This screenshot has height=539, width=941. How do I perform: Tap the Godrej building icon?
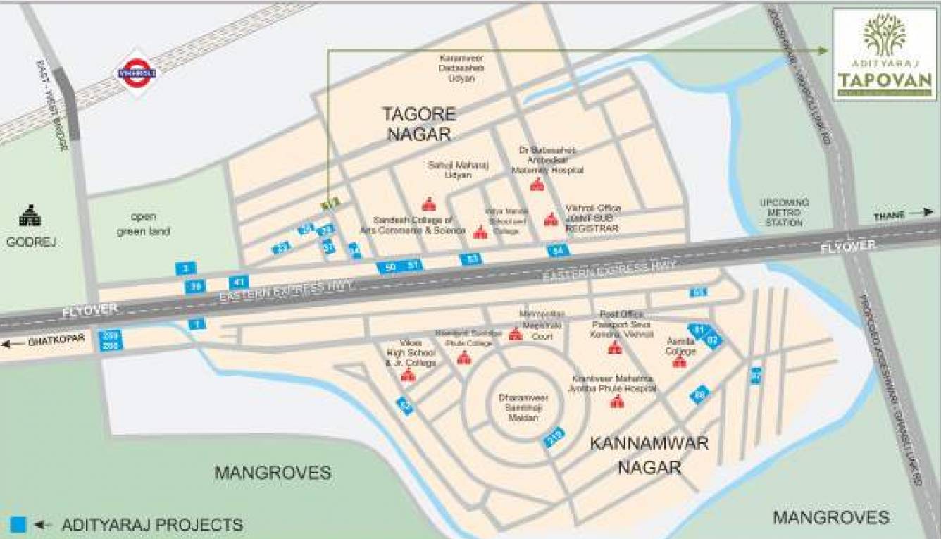pyautogui.click(x=30, y=216)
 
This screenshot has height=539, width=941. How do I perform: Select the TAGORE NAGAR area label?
pyautogui.click(x=419, y=123)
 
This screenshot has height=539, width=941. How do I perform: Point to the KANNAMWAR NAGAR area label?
pyautogui.click(x=649, y=454)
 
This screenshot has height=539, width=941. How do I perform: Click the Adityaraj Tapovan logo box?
pyautogui.click(x=885, y=55)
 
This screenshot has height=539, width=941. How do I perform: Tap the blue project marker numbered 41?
pyautogui.click(x=238, y=282)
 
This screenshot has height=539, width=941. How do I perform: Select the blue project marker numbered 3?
pyautogui.click(x=185, y=268)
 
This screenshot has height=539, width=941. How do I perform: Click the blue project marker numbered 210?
pyautogui.click(x=554, y=436)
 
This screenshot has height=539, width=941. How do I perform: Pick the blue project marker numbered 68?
pyautogui.click(x=699, y=395)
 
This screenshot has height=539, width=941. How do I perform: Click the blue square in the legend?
pyautogui.click(x=18, y=524)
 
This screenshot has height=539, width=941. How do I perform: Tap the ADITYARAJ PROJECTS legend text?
pyautogui.click(x=152, y=525)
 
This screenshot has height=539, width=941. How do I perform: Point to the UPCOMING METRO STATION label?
pyautogui.click(x=784, y=212)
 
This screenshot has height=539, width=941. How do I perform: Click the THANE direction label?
pyautogui.click(x=889, y=213)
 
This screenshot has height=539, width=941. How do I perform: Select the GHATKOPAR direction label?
pyautogui.click(x=56, y=340)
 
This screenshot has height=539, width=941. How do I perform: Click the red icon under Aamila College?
pyautogui.click(x=679, y=361)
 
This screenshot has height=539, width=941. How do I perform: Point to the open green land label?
pyautogui.click(x=145, y=223)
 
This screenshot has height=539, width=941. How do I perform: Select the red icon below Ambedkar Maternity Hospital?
pyautogui.click(x=537, y=185)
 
